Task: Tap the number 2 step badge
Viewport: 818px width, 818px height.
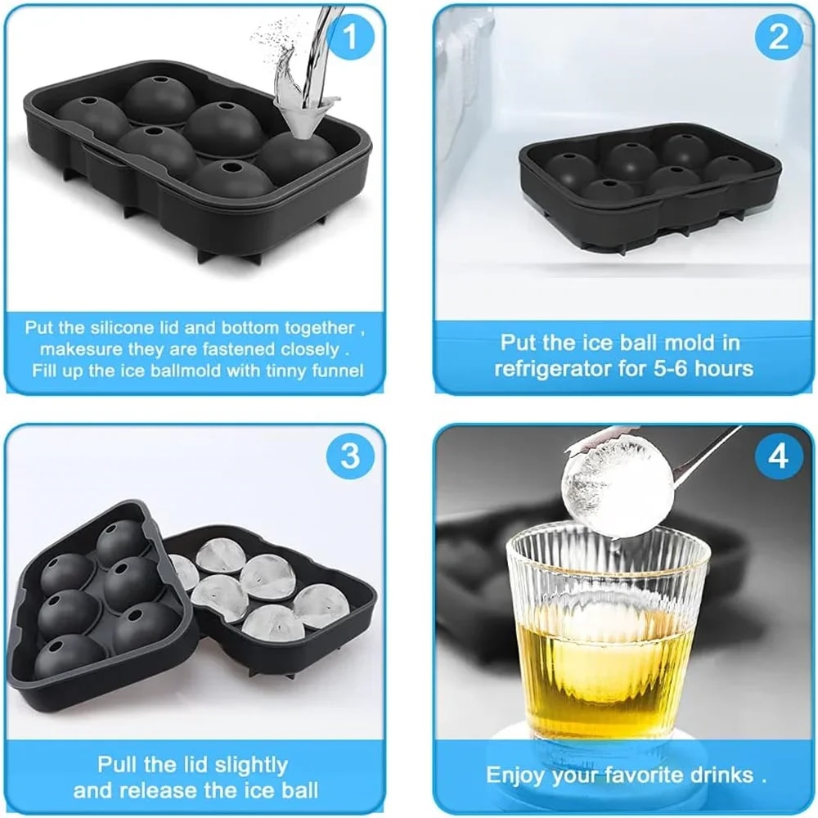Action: pos(778,37)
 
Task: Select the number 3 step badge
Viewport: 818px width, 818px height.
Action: pos(349,456)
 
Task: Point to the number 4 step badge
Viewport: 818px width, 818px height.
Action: pos(778,456)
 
